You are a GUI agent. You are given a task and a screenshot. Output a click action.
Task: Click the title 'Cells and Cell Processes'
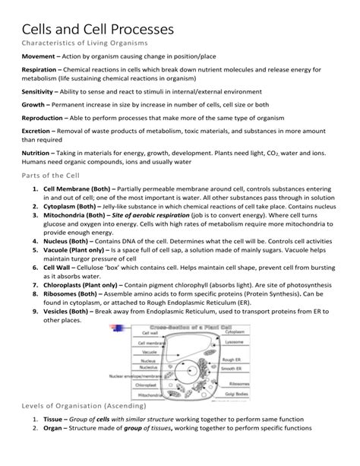[98, 30]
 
